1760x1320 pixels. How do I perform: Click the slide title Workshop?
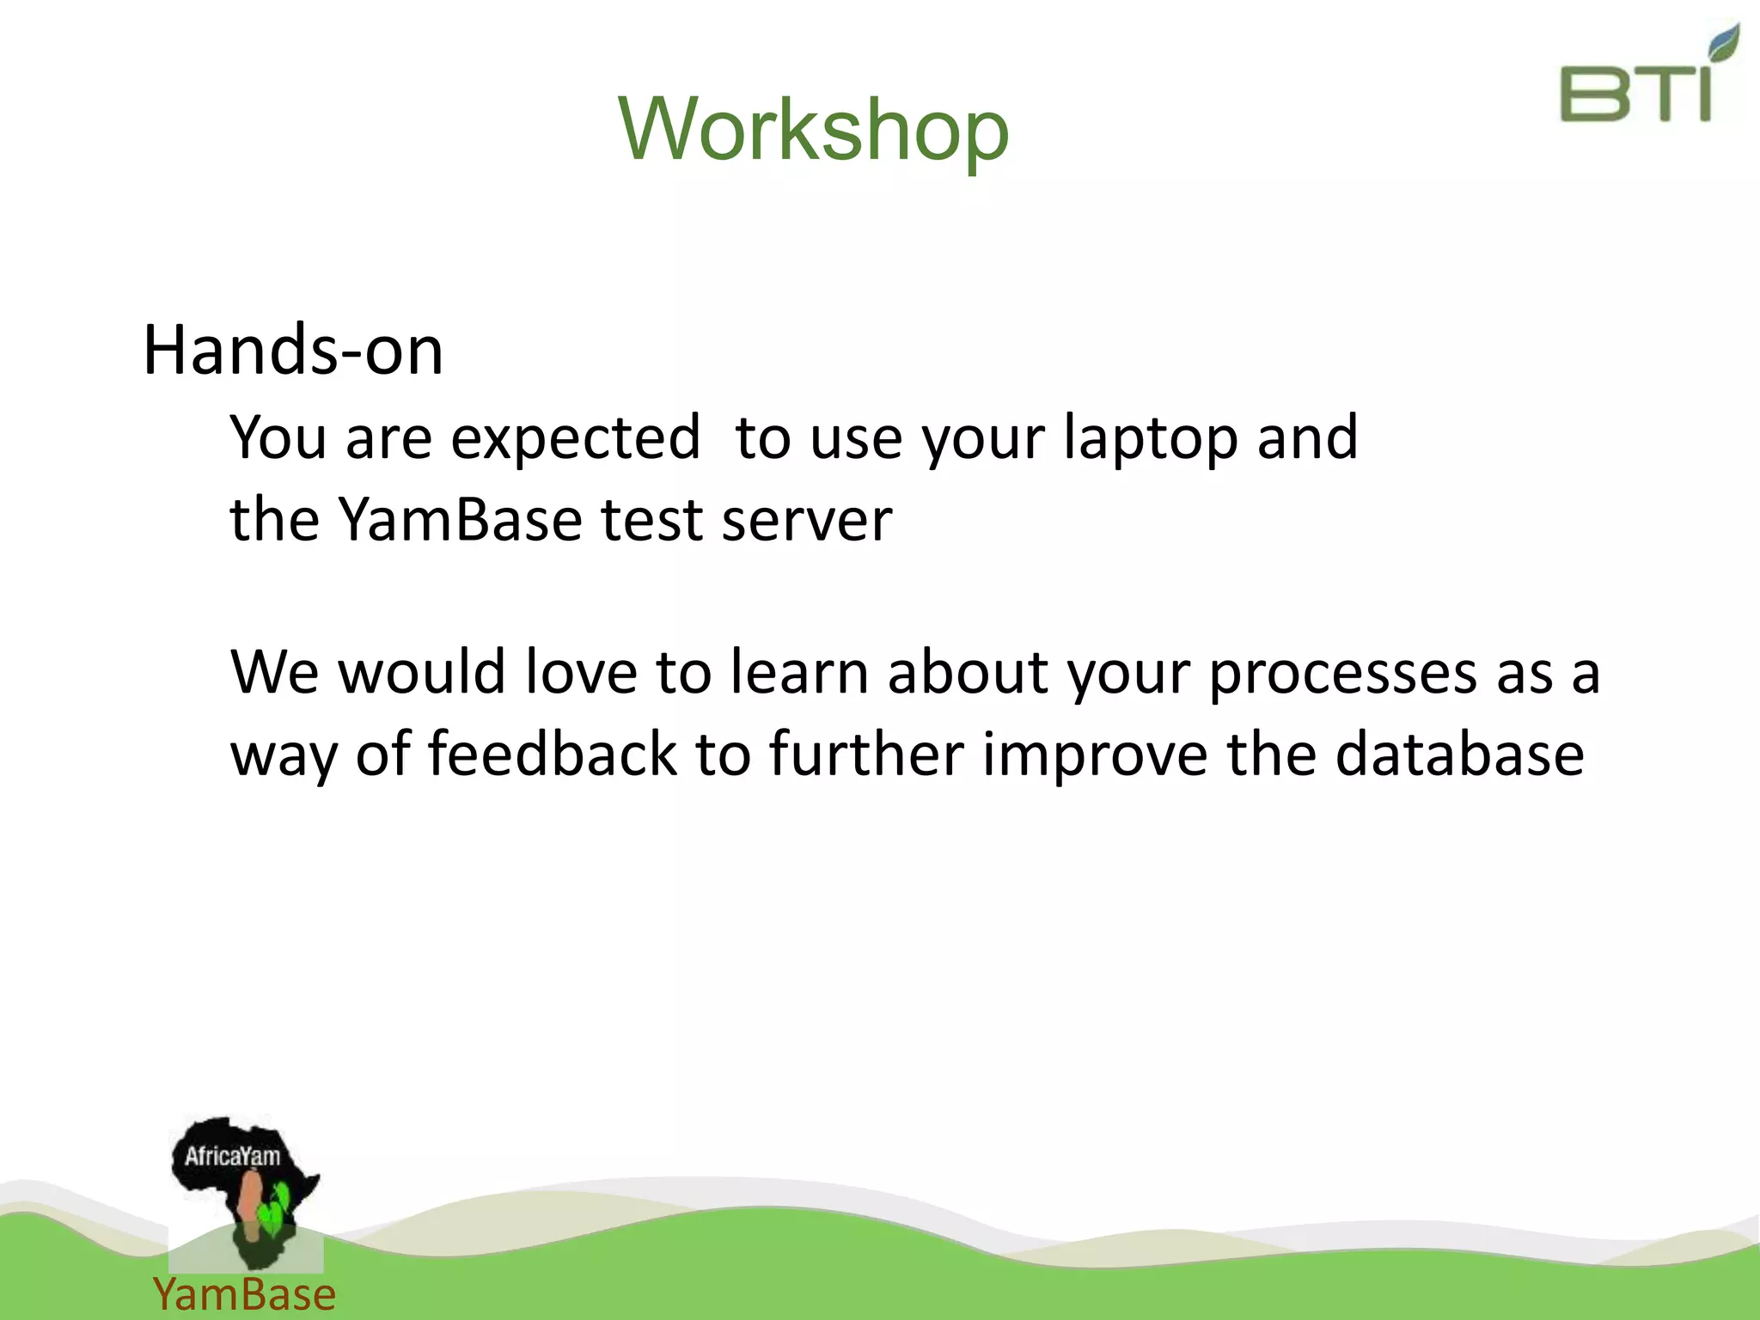tap(813, 129)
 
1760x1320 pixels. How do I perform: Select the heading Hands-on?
tap(292, 350)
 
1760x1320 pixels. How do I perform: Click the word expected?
tap(575, 438)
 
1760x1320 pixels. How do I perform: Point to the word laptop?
tap(1152, 438)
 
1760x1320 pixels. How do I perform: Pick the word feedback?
tap(552, 753)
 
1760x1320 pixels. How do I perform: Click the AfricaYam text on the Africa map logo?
tap(232, 1156)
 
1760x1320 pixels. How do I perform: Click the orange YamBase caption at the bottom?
tap(244, 1294)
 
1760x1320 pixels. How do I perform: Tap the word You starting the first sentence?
tap(278, 438)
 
